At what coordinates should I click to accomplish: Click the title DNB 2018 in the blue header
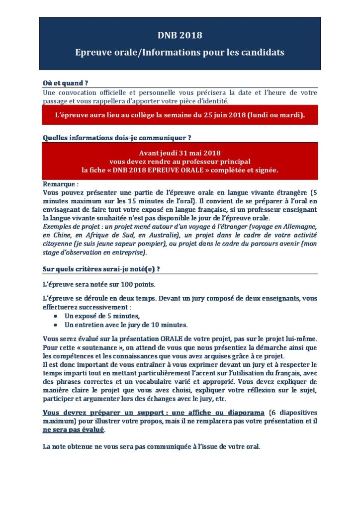(180, 36)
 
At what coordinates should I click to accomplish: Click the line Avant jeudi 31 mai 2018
(180, 153)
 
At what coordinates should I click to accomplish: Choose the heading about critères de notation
(101, 269)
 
